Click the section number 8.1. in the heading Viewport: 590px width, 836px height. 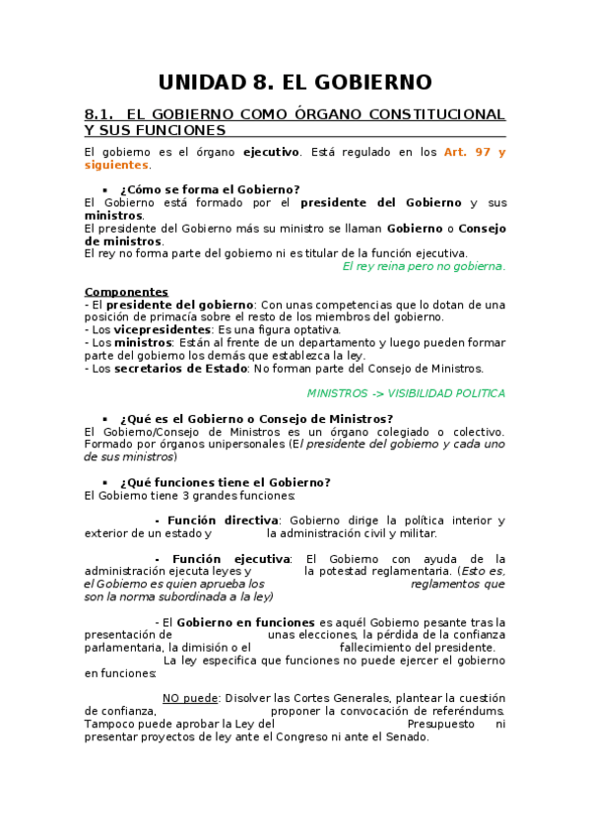[x=102, y=114]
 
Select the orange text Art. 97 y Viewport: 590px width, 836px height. [x=475, y=152]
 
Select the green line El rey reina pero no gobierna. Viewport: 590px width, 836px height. [x=424, y=266]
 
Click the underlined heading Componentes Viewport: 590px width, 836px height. [x=126, y=292]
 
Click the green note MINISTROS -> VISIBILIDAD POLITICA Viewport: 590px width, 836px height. [x=406, y=393]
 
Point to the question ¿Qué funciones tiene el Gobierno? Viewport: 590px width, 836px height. [x=225, y=482]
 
